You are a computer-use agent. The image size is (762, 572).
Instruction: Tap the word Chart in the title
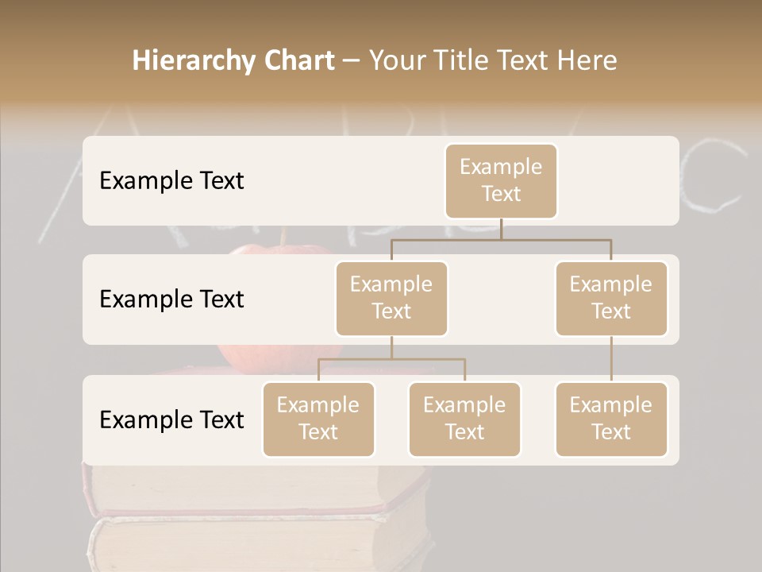click(x=296, y=61)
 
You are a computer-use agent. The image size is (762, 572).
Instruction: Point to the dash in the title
click(x=352, y=62)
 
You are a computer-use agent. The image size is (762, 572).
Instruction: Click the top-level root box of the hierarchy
click(x=501, y=180)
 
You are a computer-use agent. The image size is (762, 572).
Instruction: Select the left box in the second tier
click(x=391, y=298)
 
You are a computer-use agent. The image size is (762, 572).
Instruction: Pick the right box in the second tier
click(x=611, y=298)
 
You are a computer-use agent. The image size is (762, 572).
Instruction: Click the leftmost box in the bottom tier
click(x=318, y=419)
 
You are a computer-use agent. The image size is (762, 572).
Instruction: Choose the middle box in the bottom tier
click(x=464, y=419)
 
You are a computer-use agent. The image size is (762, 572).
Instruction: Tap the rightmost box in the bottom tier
click(x=611, y=419)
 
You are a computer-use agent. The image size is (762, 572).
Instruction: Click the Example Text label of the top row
click(x=171, y=181)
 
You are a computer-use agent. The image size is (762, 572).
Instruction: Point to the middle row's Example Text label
click(x=171, y=300)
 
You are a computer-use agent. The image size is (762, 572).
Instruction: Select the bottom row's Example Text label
click(x=171, y=419)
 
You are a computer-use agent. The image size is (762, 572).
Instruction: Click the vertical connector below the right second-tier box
click(x=611, y=359)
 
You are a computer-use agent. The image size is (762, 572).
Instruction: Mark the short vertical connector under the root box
click(x=501, y=229)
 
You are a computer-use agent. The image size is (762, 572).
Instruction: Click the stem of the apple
click(x=282, y=238)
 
